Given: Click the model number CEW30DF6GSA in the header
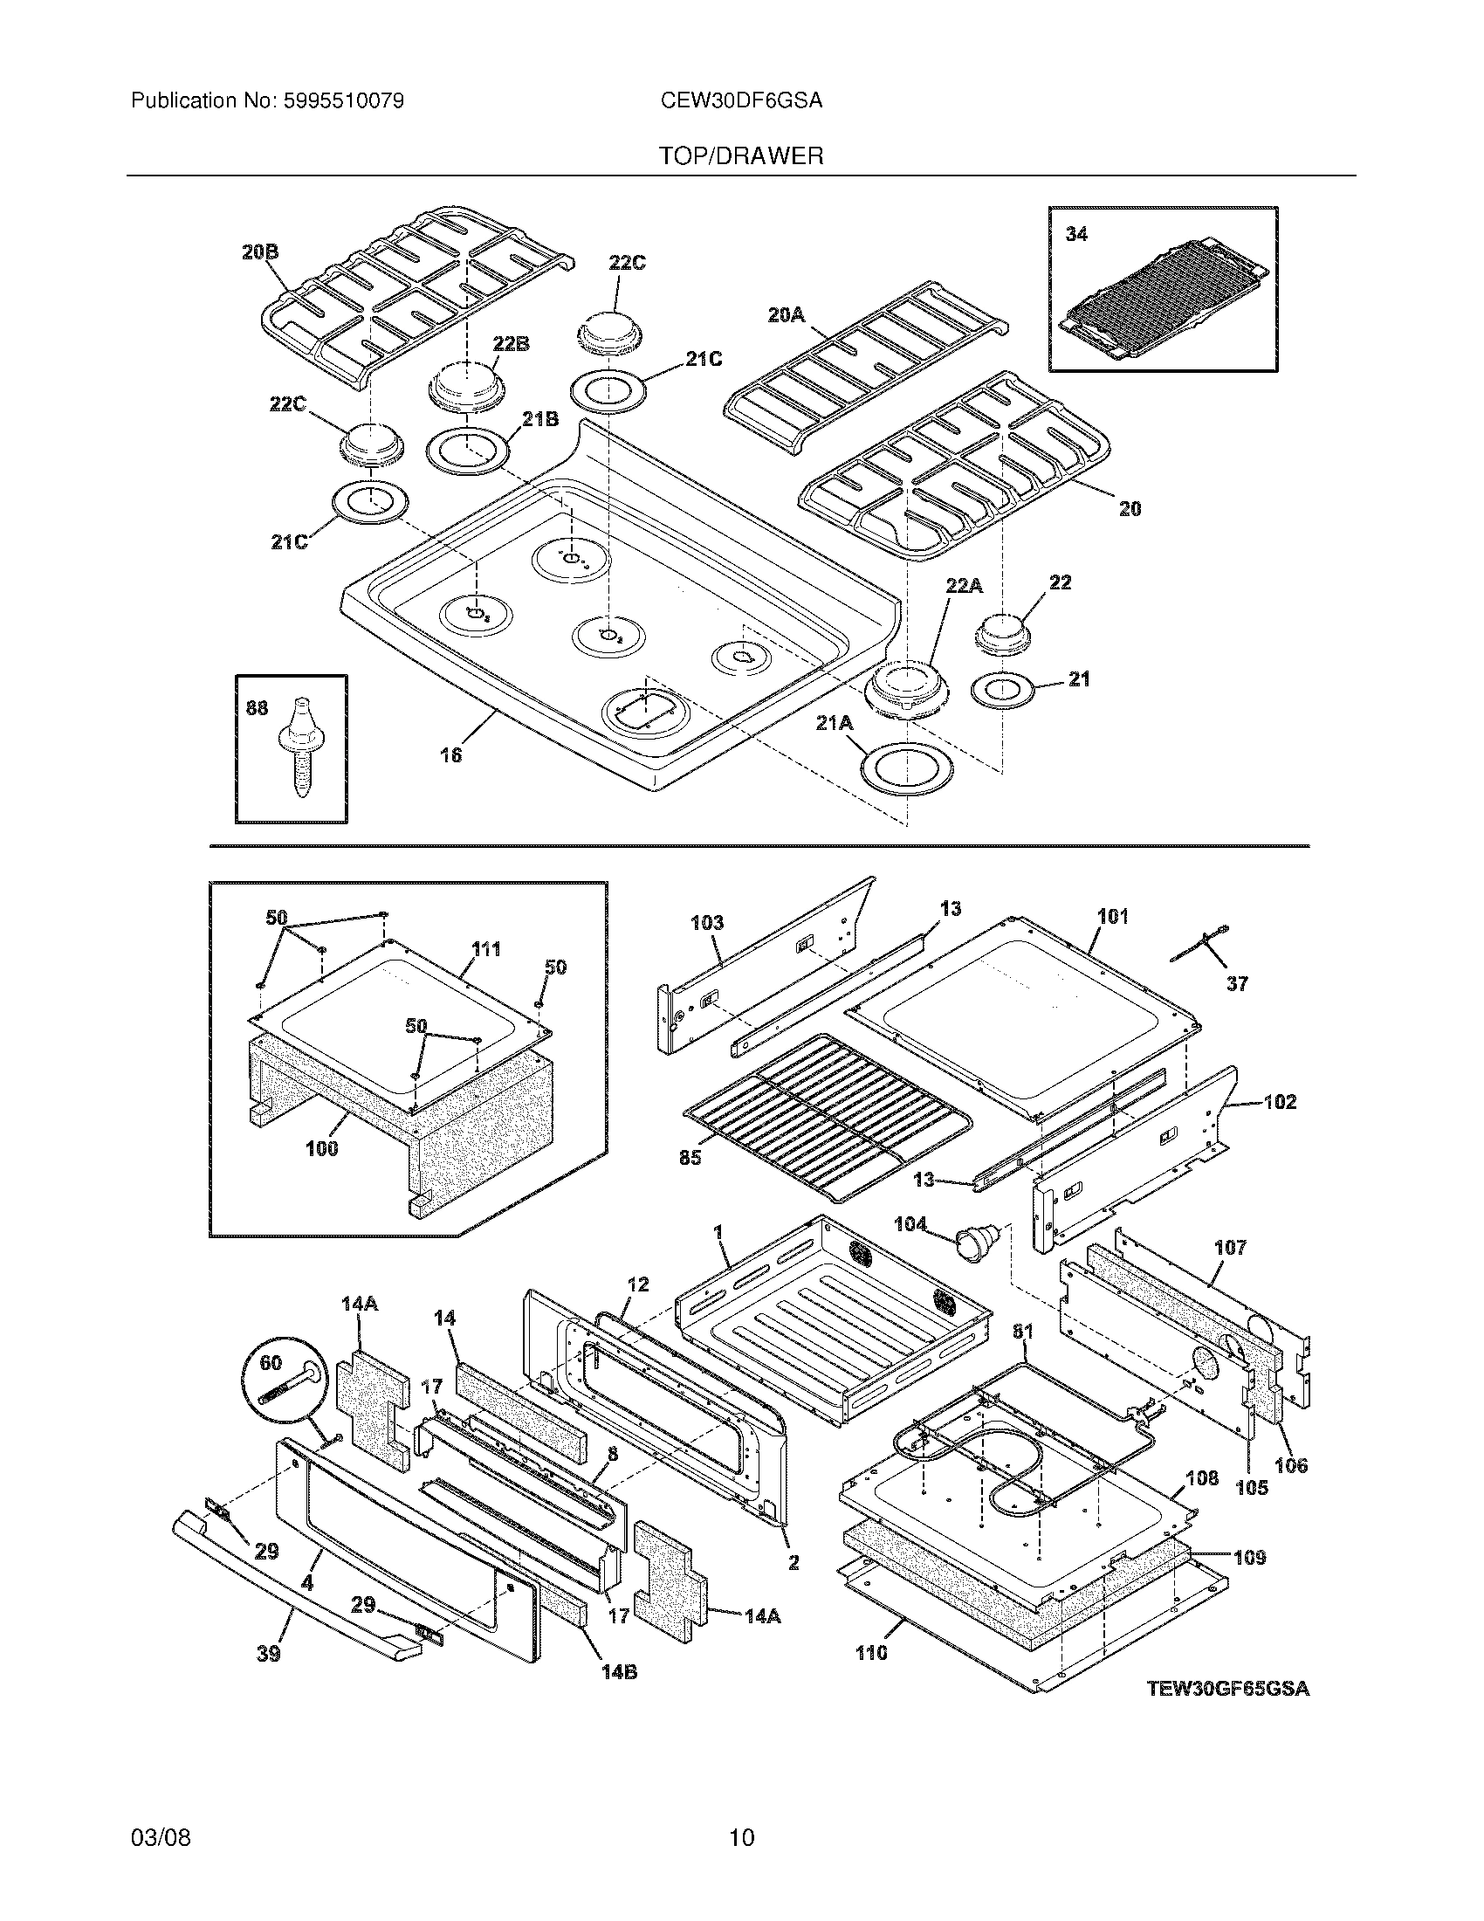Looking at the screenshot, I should click(x=741, y=101).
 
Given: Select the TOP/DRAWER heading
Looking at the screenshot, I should click(x=741, y=156).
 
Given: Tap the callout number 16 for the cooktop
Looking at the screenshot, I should click(x=450, y=754).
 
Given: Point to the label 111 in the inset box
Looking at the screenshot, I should click(x=486, y=949).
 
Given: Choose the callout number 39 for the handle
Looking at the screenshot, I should click(x=268, y=1654).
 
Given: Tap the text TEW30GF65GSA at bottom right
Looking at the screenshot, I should click(x=1227, y=1689).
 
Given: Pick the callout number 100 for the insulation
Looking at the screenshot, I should click(x=322, y=1148).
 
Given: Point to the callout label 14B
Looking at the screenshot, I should click(x=619, y=1671).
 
